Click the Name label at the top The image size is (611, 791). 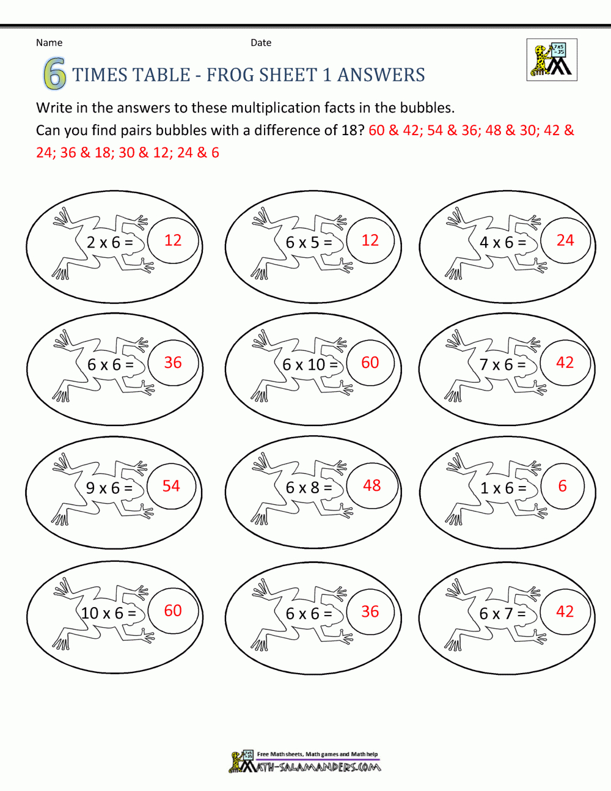pos(49,43)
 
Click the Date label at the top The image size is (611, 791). pos(261,43)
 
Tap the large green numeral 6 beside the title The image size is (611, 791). pos(54,75)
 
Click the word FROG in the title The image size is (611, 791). pos(231,75)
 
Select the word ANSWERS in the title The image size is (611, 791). pos(381,75)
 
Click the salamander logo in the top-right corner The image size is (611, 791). pos(552,60)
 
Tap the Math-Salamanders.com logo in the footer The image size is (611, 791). pos(305,762)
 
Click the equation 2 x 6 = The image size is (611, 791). pos(110,243)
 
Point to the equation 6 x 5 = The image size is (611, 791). pos(309,243)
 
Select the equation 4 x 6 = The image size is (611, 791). pos(503,243)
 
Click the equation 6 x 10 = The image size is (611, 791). pos(310,365)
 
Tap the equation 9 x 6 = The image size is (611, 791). pos(109,488)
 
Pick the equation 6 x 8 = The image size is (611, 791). pos(309,488)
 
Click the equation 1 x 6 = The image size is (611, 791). pos(503,488)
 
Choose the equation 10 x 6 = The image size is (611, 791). pos(109,613)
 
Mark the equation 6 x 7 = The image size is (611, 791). pos(503,613)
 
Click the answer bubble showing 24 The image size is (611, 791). pos(565,240)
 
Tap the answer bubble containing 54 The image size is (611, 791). pos(171,486)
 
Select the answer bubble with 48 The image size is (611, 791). pos(371,485)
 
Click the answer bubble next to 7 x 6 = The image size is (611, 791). pos(565,362)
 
